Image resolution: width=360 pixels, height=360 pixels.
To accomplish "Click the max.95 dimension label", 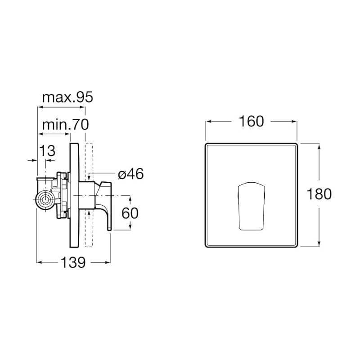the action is click(x=67, y=97).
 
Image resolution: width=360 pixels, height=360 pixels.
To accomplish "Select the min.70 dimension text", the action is click(x=65, y=125).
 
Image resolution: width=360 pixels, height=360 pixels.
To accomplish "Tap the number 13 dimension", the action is click(x=48, y=151).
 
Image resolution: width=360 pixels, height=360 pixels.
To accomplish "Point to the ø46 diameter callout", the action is click(x=130, y=174).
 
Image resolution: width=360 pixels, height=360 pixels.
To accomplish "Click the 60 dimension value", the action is click(x=130, y=213).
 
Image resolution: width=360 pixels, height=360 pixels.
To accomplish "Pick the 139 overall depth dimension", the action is click(x=73, y=262).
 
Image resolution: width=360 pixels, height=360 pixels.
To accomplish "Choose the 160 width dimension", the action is click(x=252, y=121).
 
